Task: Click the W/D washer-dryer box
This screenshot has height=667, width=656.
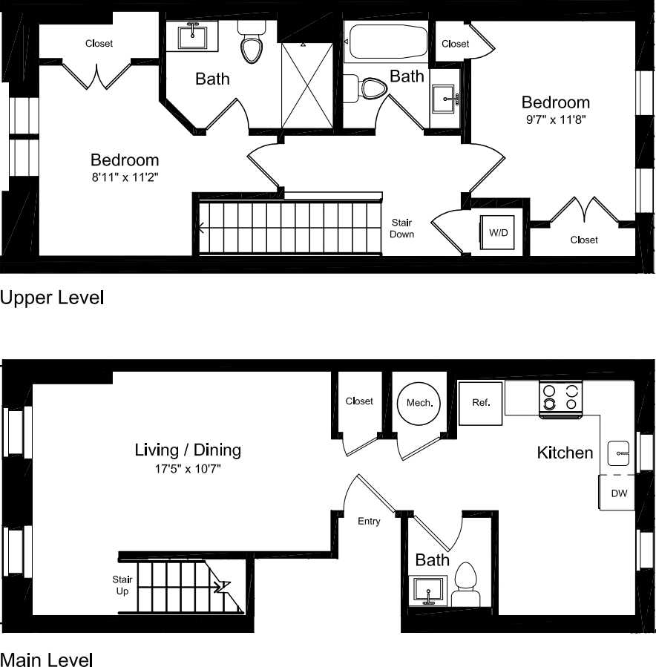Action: tap(498, 232)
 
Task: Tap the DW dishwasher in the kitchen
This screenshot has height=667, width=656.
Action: tap(618, 493)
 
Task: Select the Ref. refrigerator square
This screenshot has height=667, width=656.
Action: tap(481, 403)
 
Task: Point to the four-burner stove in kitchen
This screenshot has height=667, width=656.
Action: tap(560, 398)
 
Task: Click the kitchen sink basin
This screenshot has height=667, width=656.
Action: tap(620, 451)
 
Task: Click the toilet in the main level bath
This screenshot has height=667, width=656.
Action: tap(467, 582)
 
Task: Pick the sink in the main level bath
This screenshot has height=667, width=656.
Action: tap(430, 591)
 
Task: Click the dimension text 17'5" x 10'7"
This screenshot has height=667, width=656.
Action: tap(188, 469)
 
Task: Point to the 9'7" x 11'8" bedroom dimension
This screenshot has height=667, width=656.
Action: tap(555, 121)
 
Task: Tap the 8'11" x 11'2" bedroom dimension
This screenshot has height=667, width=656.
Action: tap(125, 178)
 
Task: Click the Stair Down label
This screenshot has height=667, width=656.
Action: tap(402, 229)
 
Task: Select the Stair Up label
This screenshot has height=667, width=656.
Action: tap(122, 585)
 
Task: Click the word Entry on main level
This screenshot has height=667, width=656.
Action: tap(369, 522)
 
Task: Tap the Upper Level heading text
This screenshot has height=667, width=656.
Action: tap(52, 298)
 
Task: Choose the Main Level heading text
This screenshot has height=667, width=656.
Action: tap(47, 660)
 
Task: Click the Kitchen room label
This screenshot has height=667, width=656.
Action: tap(565, 453)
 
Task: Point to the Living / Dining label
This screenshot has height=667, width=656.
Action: tap(188, 450)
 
